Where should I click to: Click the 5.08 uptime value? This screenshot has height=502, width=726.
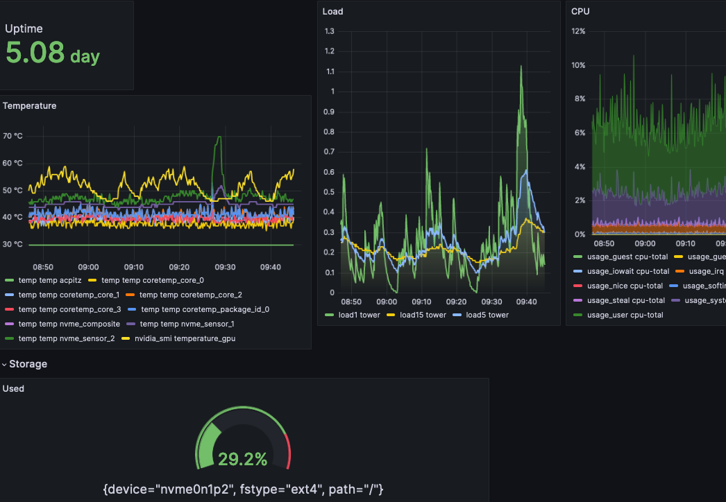[x=35, y=53]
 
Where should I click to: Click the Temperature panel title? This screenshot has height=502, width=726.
[x=30, y=106]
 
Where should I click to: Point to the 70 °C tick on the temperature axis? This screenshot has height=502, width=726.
[x=12, y=136]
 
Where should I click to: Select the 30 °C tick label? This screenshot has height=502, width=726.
[x=12, y=245]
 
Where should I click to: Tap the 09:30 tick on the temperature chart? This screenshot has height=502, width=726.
[x=225, y=267]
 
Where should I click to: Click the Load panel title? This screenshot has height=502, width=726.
[x=332, y=12]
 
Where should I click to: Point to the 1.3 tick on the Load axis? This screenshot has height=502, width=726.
[x=329, y=31]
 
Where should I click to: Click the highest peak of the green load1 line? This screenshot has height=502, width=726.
[x=521, y=67]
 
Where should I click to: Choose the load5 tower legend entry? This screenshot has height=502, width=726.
[x=487, y=315]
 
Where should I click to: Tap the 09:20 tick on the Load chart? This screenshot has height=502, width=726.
[x=457, y=302]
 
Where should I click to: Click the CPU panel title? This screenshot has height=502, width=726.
[x=580, y=12]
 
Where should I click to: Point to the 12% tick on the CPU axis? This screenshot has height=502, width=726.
[x=578, y=31]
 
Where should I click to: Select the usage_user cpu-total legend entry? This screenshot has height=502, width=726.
[x=625, y=315]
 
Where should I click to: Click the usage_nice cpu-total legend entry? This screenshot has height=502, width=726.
[x=625, y=286]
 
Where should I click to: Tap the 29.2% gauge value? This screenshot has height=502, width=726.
[x=242, y=459]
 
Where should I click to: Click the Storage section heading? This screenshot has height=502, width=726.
[x=28, y=364]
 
